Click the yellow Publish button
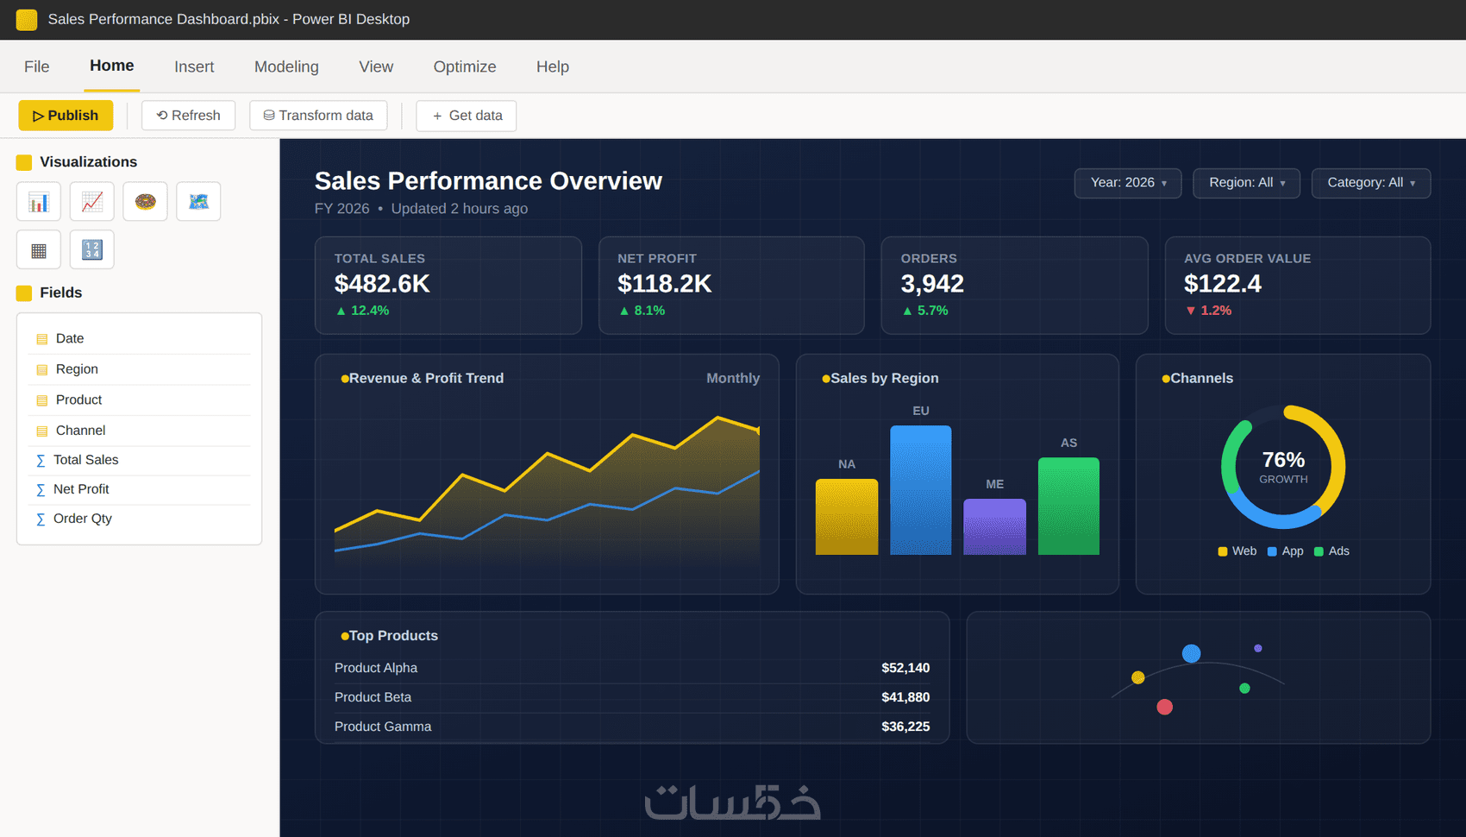click(66, 116)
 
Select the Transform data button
click(318, 116)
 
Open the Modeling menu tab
click(286, 66)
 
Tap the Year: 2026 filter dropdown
click(1128, 183)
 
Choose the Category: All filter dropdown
click(1371, 183)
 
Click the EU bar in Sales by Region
click(920, 490)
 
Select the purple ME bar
click(994, 526)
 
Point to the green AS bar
click(1068, 506)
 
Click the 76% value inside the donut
click(1283, 460)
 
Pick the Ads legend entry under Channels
click(1331, 551)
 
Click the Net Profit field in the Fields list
click(81, 489)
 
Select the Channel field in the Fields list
click(80, 431)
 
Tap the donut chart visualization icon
click(145, 201)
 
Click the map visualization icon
click(198, 201)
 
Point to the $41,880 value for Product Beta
click(905, 697)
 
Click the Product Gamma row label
click(383, 727)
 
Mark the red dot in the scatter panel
click(1164, 707)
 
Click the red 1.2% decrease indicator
click(1208, 311)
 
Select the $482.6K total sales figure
click(382, 284)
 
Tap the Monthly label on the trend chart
click(733, 378)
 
